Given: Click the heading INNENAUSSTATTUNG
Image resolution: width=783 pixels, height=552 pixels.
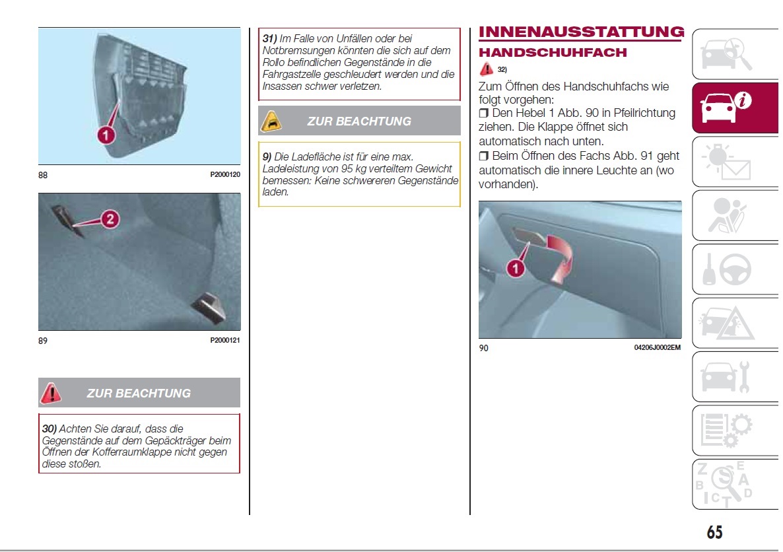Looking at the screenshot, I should pos(581,32).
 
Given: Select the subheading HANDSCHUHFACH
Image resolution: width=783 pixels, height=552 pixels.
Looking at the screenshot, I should pos(553,52).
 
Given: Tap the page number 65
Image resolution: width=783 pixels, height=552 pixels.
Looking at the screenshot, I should pos(714,532).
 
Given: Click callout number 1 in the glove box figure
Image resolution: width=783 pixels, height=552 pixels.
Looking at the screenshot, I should pos(516,267).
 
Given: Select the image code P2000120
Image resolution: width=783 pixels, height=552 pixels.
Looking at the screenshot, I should pos(225,175).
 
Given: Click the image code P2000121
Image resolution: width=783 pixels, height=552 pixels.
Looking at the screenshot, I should pos(225,341).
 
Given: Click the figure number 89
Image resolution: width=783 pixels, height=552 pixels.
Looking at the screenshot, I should pos(43,341).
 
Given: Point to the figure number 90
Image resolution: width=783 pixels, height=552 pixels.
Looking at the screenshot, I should pos(484,348).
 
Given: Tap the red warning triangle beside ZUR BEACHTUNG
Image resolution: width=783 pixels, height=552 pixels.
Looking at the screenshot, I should pos(51,394).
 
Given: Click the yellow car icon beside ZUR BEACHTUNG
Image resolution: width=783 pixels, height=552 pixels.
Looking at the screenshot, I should pos(271,121).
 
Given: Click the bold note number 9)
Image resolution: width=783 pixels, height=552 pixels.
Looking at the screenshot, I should pos(267,156).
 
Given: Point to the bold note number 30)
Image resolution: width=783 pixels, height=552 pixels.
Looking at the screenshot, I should pos(50,429).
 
